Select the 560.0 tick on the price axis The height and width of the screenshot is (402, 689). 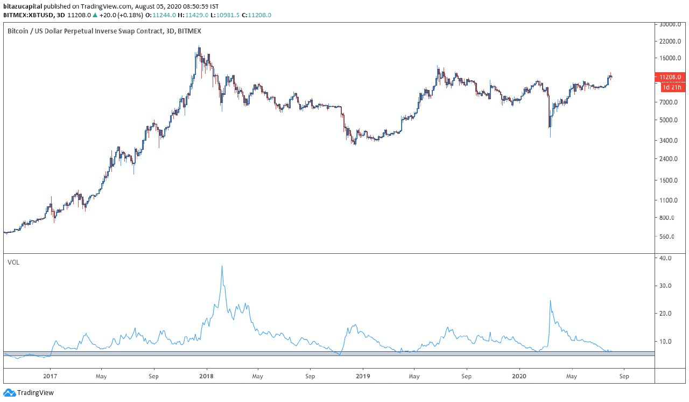[667, 237]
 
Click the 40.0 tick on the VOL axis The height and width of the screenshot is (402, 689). [666, 258]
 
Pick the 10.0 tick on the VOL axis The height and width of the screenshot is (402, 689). [666, 342]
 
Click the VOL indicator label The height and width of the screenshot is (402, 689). [13, 262]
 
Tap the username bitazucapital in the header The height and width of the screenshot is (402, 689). [22, 5]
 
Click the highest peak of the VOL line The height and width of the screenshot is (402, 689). [222, 266]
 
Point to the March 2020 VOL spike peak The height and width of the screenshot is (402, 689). [550, 301]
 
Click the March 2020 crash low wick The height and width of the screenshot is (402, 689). [550, 136]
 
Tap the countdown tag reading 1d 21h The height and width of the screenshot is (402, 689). [671, 87]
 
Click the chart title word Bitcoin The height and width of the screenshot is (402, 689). [18, 31]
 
